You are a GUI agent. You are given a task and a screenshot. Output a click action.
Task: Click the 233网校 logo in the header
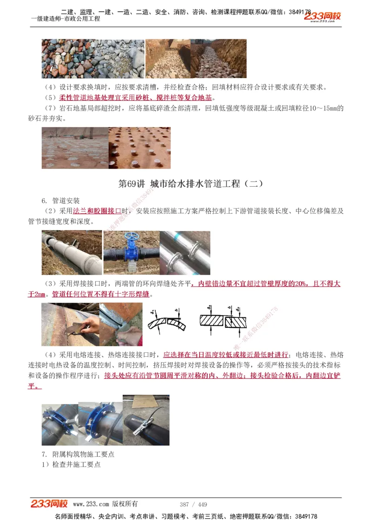click(322, 16)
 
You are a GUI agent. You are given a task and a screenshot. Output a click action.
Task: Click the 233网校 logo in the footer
click(49, 504)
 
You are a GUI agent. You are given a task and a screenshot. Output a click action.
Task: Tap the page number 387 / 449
click(193, 505)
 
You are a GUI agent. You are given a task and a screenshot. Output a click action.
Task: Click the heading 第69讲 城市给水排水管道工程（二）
click(191, 183)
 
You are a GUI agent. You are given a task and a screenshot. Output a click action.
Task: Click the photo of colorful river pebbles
click(93, 58)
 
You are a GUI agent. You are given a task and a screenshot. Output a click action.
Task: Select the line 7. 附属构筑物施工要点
click(78, 454)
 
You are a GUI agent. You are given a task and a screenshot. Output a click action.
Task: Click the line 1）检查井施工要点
click(71, 464)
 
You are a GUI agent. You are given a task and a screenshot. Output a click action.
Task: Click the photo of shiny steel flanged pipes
click(185, 253)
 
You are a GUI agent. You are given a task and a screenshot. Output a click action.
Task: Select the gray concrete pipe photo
click(72, 253)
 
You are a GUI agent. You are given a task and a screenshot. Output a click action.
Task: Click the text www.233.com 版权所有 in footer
click(105, 504)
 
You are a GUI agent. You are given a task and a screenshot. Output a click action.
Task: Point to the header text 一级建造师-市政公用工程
click(65, 19)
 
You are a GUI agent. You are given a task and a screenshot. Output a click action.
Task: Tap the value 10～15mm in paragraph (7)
click(320, 108)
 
